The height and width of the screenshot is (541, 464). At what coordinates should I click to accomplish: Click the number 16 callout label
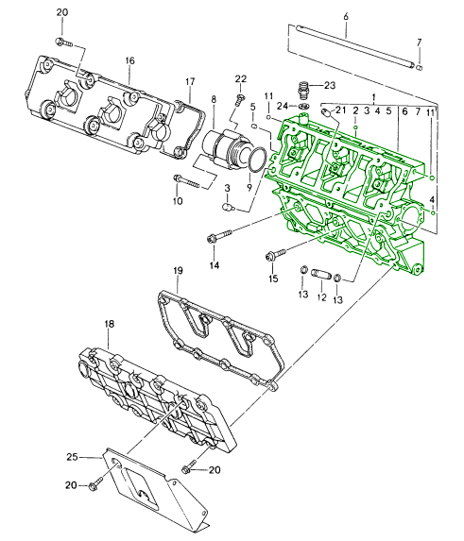(x=129, y=61)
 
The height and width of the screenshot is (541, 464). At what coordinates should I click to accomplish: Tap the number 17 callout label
(x=190, y=82)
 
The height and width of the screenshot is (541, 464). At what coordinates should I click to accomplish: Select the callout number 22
(x=241, y=79)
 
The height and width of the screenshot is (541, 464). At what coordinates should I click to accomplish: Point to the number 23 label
(x=330, y=85)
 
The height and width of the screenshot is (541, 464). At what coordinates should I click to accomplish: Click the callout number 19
(x=178, y=271)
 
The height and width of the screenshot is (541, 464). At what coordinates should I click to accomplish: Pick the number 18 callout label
(x=109, y=324)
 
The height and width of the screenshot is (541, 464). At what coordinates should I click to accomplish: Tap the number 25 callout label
(x=72, y=457)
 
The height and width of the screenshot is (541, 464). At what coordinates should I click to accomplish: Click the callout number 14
(x=215, y=265)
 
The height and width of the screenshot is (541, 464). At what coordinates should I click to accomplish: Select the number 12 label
(x=321, y=297)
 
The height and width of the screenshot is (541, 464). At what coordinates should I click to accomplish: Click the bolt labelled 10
(x=186, y=181)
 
